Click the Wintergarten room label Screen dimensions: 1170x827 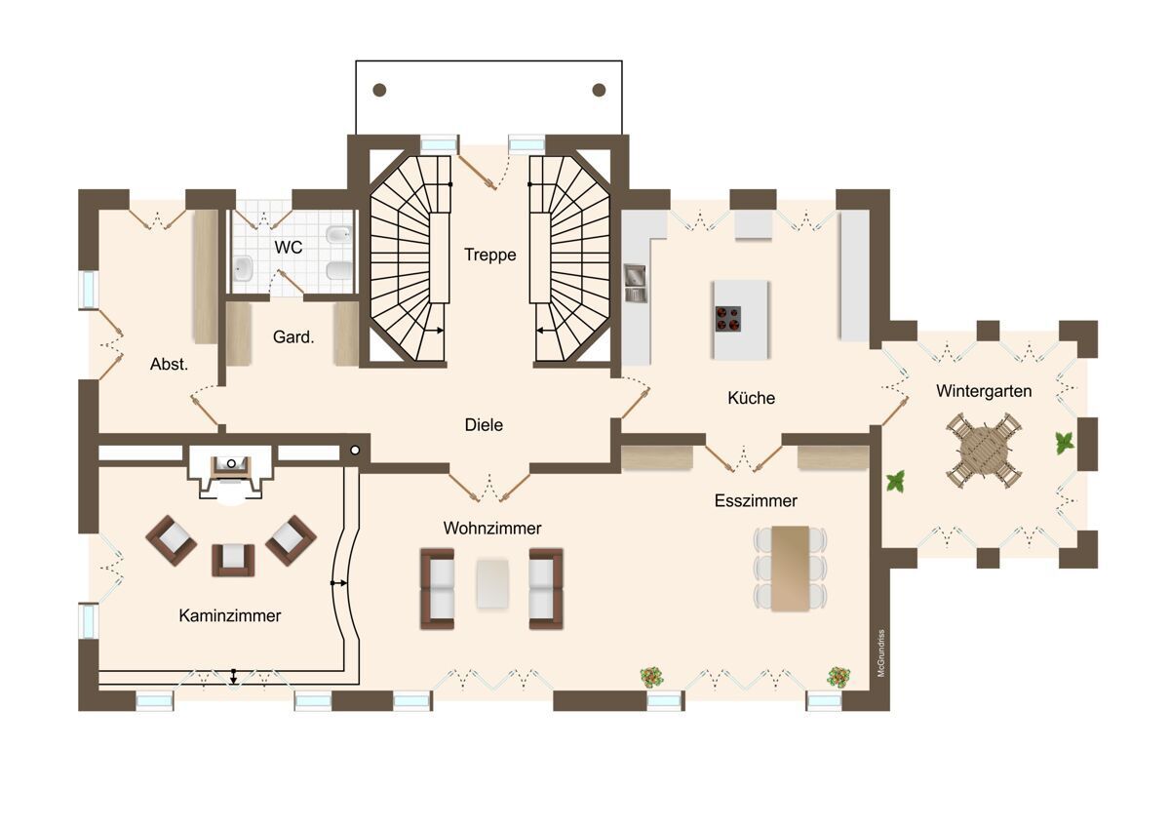coord(984,391)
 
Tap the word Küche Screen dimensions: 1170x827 coord(751,398)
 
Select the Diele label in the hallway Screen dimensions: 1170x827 coord(484,425)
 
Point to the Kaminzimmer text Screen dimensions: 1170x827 coord(230,615)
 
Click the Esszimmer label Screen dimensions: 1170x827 coord(756,500)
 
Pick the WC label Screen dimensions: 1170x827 coord(289,247)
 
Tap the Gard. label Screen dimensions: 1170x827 coord(293,337)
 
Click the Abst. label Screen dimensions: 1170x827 coord(169,364)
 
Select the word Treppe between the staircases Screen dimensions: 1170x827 coord(489,255)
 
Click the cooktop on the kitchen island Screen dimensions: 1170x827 coord(728,319)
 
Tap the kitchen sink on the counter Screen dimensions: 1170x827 coord(636,284)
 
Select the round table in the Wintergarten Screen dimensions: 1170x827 coord(985,451)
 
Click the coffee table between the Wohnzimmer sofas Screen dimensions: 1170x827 coord(492,583)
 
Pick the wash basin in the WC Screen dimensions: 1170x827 coord(243,269)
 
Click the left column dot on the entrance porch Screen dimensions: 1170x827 coord(379,91)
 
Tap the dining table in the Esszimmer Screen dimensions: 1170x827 coord(791,569)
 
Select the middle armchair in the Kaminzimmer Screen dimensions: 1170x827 coord(233,560)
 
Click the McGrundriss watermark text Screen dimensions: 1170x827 coord(881,653)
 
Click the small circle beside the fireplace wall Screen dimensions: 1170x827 coord(355,451)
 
